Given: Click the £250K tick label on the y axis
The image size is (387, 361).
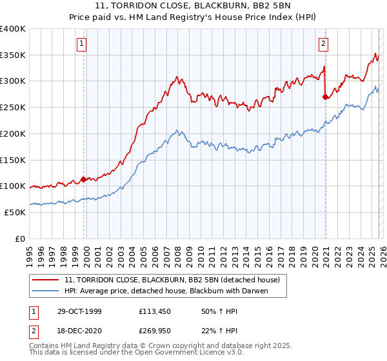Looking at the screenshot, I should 13,107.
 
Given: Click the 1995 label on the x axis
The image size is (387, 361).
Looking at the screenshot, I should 30,253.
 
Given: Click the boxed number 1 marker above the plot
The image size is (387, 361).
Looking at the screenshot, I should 83,44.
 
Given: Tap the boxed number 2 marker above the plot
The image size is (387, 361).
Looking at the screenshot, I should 323,44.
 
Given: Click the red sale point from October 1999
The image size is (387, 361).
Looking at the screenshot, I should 84,179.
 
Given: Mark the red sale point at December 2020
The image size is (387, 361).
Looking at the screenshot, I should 325,97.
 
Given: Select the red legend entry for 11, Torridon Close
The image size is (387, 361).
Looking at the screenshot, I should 172,280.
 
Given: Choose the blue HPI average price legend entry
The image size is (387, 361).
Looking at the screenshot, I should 166,291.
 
